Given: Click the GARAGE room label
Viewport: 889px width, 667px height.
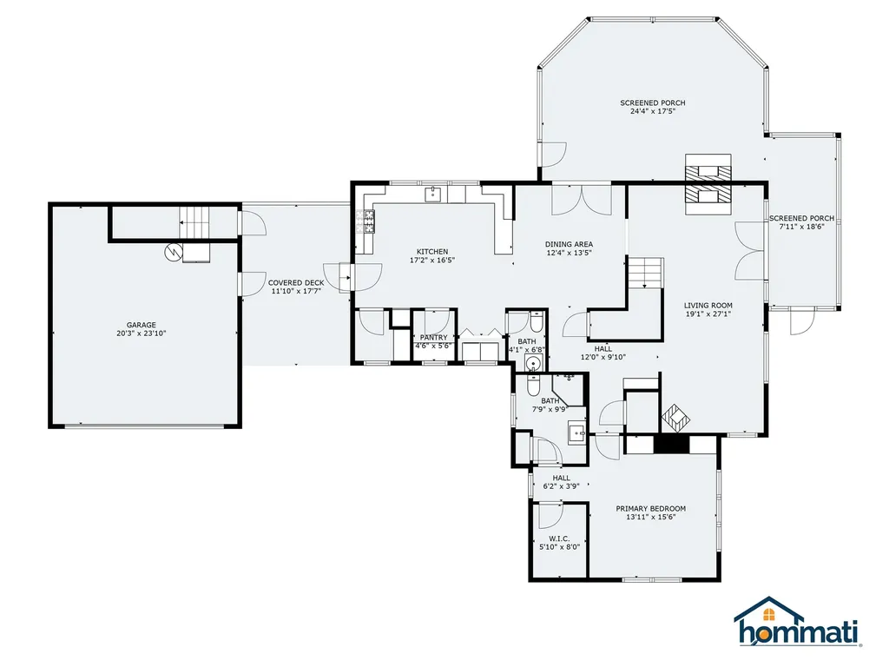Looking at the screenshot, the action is (142, 325).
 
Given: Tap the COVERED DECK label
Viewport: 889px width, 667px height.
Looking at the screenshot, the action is (296, 282).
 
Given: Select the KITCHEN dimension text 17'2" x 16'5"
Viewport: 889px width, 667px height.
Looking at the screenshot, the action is (432, 261).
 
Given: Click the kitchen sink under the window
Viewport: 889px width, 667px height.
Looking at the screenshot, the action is (434, 195).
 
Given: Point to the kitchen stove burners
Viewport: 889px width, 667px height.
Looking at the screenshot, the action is (365, 221).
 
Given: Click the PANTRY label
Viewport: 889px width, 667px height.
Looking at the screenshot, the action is (434, 338).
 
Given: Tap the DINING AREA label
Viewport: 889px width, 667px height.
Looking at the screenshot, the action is (570, 244).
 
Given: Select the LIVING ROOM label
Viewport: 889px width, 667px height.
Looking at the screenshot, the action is (708, 305).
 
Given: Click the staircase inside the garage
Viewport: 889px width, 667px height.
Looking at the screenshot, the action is (195, 222).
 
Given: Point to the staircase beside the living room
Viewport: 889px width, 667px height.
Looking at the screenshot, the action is (645, 273).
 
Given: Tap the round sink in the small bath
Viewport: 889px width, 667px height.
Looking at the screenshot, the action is (533, 362).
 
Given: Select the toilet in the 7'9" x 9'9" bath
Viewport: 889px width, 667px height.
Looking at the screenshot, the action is (534, 385).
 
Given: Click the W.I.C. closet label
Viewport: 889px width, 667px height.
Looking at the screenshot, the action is (559, 538).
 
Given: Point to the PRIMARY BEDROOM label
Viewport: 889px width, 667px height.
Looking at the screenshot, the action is (651, 509).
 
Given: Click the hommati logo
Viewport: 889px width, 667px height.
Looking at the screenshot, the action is (798, 622).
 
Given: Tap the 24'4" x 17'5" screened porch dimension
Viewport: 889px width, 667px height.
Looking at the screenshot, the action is (653, 111).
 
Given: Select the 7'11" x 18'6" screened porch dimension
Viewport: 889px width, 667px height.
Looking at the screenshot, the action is (801, 227).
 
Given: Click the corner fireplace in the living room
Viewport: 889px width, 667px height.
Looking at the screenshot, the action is (675, 419).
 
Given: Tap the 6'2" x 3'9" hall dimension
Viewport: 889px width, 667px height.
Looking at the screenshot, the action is (562, 486).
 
